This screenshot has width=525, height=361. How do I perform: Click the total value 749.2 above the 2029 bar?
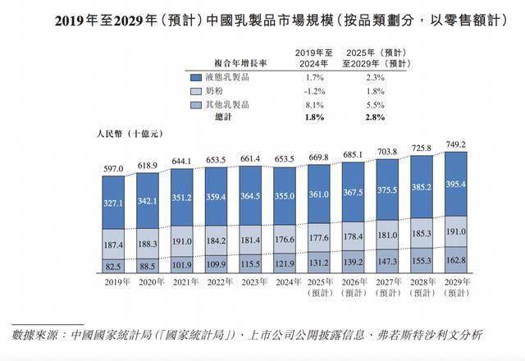pyautogui.click(x=454, y=144)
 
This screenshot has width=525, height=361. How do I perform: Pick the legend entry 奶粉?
pyautogui.click(x=215, y=91)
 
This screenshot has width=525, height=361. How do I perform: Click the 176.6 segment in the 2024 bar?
pyautogui.click(x=283, y=240)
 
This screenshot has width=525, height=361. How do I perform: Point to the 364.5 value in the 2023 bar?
pyautogui.click(x=249, y=198)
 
